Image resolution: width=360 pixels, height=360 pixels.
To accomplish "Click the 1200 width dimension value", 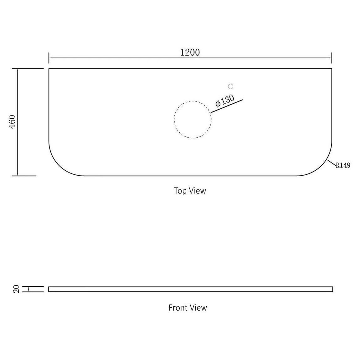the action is tap(190, 53).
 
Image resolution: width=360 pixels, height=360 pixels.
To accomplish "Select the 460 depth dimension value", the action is tap(12, 122).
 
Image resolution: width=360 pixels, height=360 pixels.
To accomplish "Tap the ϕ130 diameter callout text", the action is tap(225, 101).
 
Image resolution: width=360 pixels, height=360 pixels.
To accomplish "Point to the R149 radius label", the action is tap(343, 165).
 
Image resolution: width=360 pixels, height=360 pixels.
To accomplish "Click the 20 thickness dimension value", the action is tap(17, 289).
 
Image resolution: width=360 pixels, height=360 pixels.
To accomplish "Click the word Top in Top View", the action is tap(180, 191).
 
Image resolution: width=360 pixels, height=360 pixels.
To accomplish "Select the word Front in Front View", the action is tap(178, 308).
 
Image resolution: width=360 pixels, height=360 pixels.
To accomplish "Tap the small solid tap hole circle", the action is tap(230, 86).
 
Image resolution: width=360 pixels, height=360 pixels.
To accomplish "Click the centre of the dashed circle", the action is tap(193, 119).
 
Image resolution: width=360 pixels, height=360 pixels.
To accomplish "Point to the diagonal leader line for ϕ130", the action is tap(227, 106).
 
